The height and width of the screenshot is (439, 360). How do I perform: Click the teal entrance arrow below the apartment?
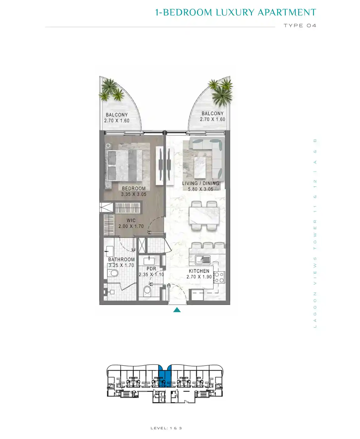click(x=177, y=310)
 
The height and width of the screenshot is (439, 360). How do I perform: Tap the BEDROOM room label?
click(x=134, y=188)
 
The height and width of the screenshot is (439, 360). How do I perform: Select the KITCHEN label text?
click(x=199, y=271)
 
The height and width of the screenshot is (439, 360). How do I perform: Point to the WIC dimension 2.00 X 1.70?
click(x=131, y=226)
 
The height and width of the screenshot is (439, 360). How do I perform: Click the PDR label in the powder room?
click(x=151, y=269)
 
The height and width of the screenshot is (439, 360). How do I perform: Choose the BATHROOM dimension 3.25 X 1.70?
click(x=122, y=265)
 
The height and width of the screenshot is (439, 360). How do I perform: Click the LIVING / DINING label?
click(x=201, y=183)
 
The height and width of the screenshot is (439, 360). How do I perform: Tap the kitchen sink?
click(x=203, y=260)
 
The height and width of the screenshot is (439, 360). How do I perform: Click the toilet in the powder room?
click(x=147, y=291)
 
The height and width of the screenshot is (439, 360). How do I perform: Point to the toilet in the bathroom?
click(x=113, y=273)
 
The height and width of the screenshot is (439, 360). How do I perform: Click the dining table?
click(x=204, y=216)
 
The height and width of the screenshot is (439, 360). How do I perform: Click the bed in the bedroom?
click(x=124, y=166)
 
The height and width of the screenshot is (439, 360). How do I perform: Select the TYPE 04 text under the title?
click(x=300, y=26)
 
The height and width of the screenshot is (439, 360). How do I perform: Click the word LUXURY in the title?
click(x=235, y=13)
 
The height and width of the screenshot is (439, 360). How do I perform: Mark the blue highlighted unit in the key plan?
click(x=164, y=376)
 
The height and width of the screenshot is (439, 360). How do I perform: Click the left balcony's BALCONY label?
click(x=117, y=115)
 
